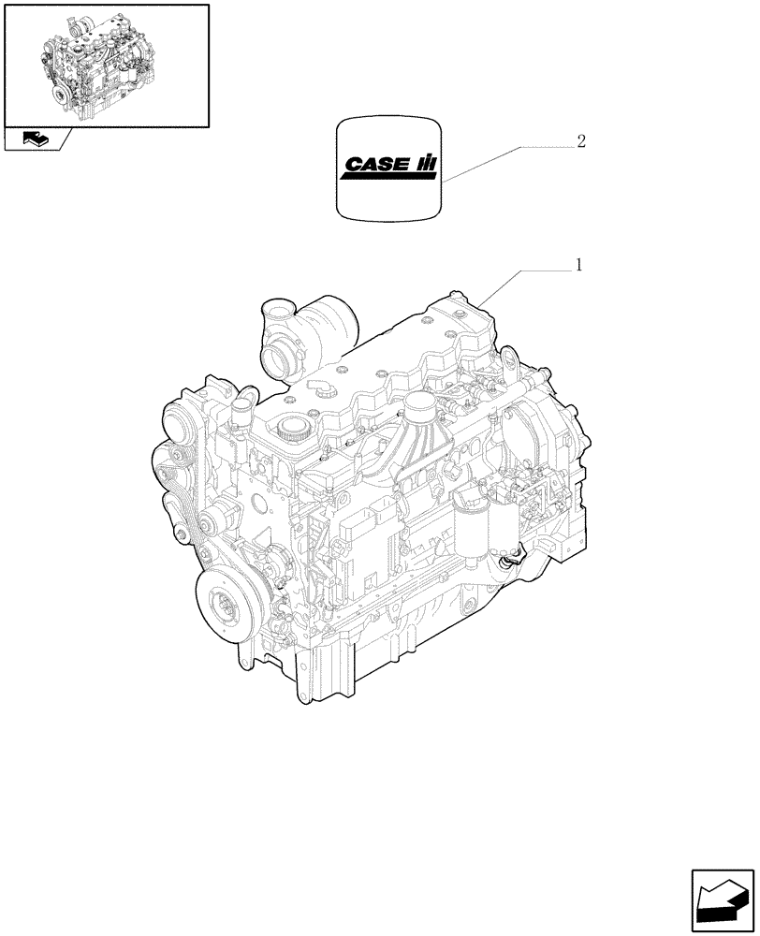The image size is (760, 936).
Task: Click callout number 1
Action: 578,267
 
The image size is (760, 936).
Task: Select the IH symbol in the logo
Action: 427,165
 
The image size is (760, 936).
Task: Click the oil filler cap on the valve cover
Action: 290,430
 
